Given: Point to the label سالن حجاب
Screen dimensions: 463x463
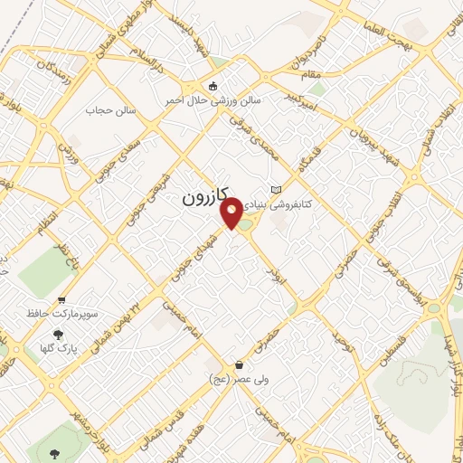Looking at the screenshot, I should (x=110, y=110).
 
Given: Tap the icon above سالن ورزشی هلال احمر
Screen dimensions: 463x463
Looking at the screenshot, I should (x=213, y=87).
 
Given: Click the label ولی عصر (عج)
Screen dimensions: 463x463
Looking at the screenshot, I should (x=238, y=380).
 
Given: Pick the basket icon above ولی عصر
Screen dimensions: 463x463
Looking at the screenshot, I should (x=239, y=365).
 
